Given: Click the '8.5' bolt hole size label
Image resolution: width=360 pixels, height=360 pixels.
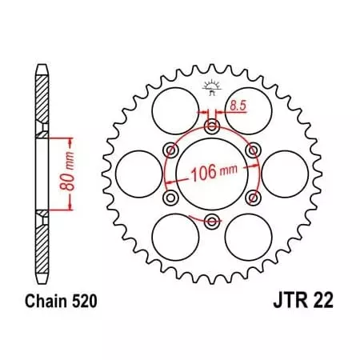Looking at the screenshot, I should (239, 104).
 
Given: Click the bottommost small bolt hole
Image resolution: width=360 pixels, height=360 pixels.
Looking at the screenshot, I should (211, 220).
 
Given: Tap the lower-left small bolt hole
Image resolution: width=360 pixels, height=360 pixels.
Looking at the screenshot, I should (170, 197).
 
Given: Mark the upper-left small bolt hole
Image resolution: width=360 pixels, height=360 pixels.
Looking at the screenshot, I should (170, 150).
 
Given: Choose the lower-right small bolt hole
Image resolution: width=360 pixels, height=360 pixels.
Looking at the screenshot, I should (253, 197).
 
